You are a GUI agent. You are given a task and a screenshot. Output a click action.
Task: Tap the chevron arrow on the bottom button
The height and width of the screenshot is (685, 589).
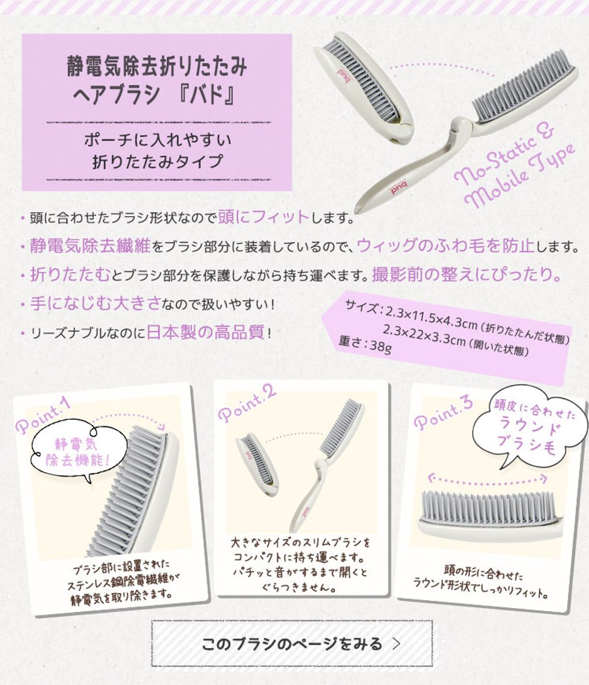click(x=396, y=644)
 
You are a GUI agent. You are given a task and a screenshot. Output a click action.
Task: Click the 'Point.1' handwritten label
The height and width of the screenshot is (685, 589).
click(x=43, y=416)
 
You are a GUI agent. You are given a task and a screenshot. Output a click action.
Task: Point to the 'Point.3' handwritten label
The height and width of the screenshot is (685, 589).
click(x=443, y=414)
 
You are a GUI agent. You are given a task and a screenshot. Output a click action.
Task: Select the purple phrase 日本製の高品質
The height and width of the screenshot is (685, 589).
click(x=205, y=332)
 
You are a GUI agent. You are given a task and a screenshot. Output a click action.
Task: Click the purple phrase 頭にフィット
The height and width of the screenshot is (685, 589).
click(x=263, y=217)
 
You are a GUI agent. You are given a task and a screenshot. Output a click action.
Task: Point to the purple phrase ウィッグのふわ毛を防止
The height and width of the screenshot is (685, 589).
click(x=446, y=246)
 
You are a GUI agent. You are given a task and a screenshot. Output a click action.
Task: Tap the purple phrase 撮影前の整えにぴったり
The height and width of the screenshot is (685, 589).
click(x=466, y=274)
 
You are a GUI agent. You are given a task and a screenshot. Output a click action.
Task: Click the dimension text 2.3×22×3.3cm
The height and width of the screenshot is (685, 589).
click(x=424, y=335)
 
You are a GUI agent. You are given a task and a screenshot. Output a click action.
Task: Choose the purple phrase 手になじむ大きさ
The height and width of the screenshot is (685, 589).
click(x=95, y=303)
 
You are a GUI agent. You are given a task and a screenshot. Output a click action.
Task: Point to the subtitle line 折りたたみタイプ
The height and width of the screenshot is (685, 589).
click(x=158, y=162)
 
